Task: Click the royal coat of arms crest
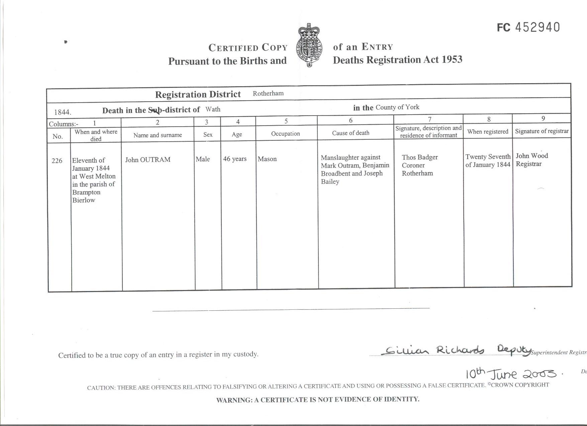[x=310, y=45]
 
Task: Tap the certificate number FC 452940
[x=528, y=27]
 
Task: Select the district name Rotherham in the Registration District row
[x=268, y=94]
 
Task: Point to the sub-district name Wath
[x=213, y=109]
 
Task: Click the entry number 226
[x=57, y=161]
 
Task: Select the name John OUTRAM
[x=148, y=160]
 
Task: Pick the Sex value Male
[x=203, y=159]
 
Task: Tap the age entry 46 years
[x=235, y=159]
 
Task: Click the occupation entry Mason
[x=267, y=159]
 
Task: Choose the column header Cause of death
[x=351, y=133]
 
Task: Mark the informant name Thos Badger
[x=419, y=157]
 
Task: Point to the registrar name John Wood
[x=531, y=156]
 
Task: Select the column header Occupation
[x=285, y=134]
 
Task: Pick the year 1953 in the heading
[x=452, y=59]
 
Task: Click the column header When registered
[x=488, y=132]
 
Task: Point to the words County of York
[x=397, y=107]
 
